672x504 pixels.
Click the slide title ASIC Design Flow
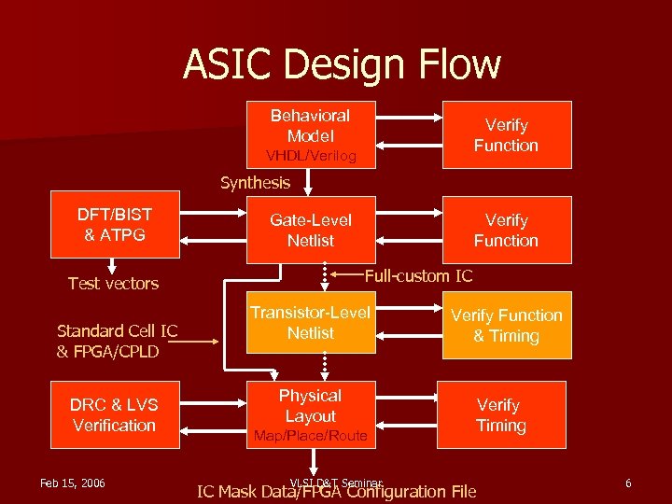342,64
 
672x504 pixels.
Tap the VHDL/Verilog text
311,156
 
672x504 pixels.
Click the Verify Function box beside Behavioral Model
506,135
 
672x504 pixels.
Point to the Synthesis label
255,183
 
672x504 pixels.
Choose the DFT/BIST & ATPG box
115,225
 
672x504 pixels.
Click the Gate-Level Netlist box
310,230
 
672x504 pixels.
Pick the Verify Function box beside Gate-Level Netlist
506,230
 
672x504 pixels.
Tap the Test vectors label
113,284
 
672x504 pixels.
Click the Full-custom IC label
418,275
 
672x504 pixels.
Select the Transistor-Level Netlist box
310,323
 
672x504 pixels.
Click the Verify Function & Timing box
506,326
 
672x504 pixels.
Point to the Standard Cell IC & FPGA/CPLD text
117,341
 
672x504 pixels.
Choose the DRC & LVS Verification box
115,415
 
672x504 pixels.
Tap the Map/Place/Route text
311,436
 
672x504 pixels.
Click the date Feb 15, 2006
73,483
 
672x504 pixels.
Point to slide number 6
628,483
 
